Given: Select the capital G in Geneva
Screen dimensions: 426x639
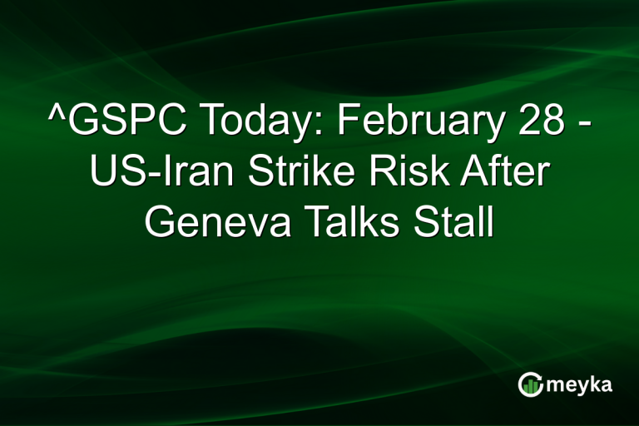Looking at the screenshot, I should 162,223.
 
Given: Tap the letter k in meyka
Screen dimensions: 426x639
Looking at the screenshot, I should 597,384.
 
